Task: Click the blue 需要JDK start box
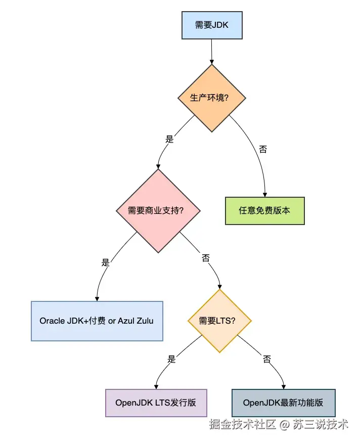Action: click(211, 25)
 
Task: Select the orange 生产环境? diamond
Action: click(211, 98)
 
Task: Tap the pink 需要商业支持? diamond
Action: click(158, 210)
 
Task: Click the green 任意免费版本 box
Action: click(264, 210)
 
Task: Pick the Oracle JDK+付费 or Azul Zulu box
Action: click(97, 321)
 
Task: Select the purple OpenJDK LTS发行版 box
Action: click(156, 403)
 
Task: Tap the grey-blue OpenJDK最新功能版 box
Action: click(283, 403)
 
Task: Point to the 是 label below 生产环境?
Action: click(169, 139)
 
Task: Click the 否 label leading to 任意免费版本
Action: click(263, 149)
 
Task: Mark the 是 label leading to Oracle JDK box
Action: click(105, 262)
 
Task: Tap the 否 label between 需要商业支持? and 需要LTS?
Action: click(206, 258)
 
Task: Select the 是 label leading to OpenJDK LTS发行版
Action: click(171, 359)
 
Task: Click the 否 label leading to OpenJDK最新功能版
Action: click(267, 359)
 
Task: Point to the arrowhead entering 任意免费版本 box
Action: click(264, 194)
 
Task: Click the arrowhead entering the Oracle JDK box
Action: click(96, 298)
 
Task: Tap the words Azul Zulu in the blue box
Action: click(136, 321)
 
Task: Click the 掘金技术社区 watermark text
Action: click(243, 424)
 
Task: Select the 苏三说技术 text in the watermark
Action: click(319, 424)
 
